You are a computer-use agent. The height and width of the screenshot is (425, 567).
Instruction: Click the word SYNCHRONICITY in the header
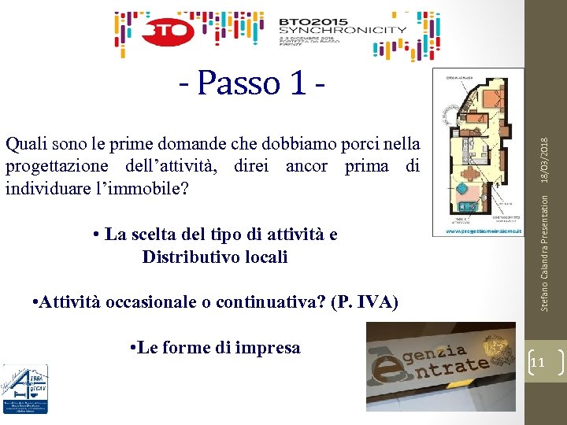(x=343, y=31)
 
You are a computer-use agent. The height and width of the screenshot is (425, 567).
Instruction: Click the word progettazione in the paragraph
(x=61, y=166)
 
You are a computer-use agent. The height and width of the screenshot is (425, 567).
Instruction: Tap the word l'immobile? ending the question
(x=146, y=189)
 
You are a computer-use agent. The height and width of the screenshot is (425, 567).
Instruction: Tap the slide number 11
(x=539, y=362)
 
